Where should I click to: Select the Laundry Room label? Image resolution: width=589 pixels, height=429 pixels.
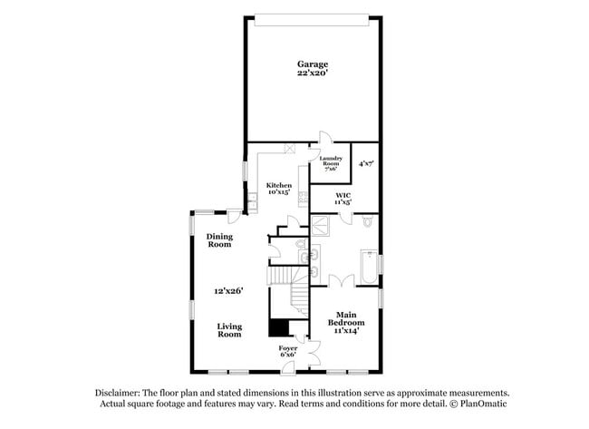click(x=329, y=163)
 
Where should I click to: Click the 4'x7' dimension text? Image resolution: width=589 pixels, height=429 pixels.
click(x=366, y=164)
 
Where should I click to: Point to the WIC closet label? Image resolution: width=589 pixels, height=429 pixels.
click(x=343, y=196)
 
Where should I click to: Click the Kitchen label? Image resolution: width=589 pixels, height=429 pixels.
click(x=278, y=185)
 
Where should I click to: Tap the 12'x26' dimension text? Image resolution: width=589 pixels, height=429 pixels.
click(x=228, y=291)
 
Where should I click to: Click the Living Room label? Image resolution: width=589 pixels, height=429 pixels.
click(x=228, y=329)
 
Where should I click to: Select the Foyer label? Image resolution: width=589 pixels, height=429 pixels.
click(x=288, y=348)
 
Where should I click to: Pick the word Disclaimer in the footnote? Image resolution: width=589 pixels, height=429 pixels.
click(x=118, y=394)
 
